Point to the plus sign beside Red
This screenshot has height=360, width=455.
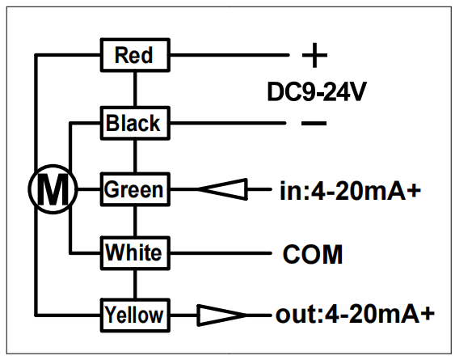[x=315, y=55]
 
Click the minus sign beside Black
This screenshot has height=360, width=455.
[x=314, y=123]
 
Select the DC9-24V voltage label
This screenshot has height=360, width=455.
[x=317, y=91]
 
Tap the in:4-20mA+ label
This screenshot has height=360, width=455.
[x=350, y=191]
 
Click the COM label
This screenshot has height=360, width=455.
[x=313, y=254]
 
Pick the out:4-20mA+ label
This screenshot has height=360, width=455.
[x=355, y=314]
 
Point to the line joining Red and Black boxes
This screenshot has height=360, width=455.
[x=135, y=89]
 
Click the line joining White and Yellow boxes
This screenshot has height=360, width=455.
[x=135, y=284]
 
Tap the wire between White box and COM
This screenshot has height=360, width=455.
[x=221, y=253]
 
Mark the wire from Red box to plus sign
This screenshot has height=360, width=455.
[x=230, y=55]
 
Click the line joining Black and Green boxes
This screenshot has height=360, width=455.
[x=135, y=156]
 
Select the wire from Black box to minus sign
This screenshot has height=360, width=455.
[x=228, y=123]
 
